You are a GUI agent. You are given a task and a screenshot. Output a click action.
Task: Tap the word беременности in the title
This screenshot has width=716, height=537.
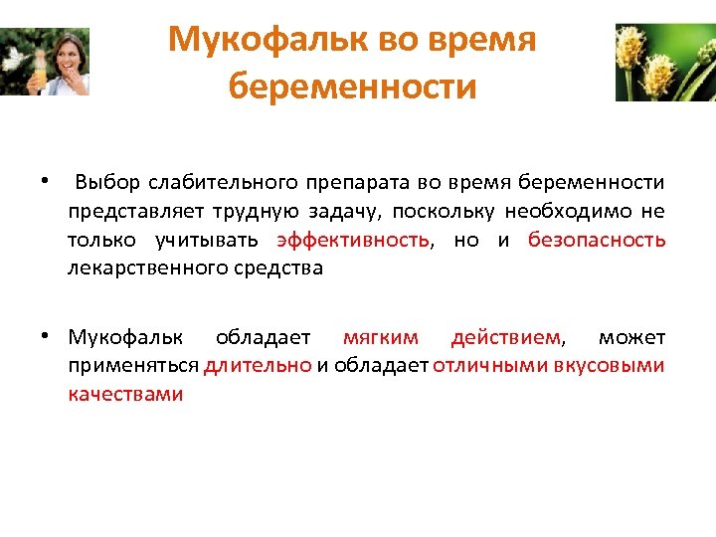(x=352, y=87)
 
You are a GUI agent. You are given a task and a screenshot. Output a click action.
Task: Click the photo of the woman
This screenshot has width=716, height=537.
(x=45, y=62)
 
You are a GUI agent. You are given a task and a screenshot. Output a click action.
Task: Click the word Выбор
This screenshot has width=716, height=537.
(x=108, y=183)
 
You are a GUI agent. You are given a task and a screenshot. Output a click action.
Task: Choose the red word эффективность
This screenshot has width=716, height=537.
(x=354, y=241)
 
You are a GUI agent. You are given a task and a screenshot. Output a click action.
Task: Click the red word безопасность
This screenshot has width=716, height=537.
(x=597, y=241)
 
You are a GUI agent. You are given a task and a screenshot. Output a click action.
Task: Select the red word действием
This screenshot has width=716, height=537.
(x=505, y=337)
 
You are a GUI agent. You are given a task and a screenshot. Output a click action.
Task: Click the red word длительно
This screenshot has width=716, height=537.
(x=258, y=365)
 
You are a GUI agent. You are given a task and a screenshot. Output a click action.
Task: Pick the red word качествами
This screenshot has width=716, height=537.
(x=125, y=394)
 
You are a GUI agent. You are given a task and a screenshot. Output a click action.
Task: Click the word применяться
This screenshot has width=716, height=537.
(x=133, y=365)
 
